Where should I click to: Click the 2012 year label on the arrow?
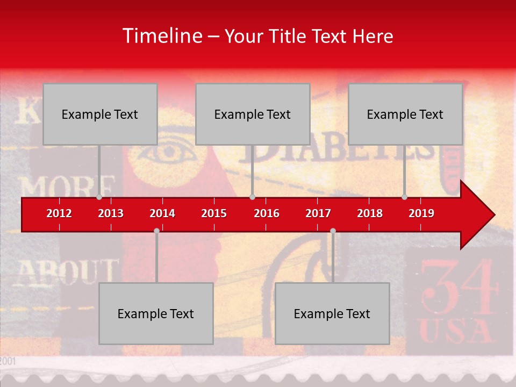(59, 213)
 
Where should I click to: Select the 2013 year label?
(111, 213)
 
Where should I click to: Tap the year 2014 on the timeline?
(162, 213)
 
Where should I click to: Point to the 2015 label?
(214, 213)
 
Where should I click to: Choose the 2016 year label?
(267, 213)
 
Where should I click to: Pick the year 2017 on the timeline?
(318, 213)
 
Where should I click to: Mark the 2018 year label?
(370, 213)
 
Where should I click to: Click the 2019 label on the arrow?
(421, 213)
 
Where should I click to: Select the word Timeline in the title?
(162, 36)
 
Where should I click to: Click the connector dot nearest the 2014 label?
(156, 231)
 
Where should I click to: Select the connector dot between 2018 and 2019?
(405, 197)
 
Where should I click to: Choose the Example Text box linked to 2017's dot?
(332, 313)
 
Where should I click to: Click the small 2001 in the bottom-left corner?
(9, 361)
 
